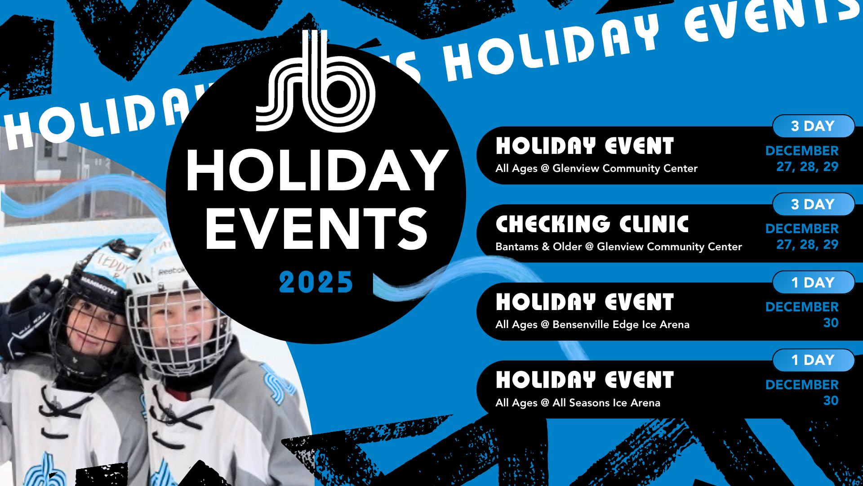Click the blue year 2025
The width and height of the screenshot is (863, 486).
[316, 283]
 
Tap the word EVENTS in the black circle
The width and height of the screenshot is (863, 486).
[316, 229]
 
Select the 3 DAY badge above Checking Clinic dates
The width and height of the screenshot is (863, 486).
[814, 204]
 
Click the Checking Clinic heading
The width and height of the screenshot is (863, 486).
[592, 224]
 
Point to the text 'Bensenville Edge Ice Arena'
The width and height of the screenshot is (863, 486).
[621, 324]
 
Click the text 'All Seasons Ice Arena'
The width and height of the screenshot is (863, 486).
[606, 403]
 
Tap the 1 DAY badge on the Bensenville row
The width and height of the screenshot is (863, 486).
[814, 283]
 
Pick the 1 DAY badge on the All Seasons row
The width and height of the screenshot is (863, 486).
[814, 360]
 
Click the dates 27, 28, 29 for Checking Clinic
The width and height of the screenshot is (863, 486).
[807, 244]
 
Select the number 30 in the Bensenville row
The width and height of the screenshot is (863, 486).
[831, 323]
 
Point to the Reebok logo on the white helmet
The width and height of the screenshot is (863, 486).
[171, 271]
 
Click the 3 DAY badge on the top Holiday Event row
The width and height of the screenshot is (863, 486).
[814, 126]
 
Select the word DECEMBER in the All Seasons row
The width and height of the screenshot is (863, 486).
[802, 385]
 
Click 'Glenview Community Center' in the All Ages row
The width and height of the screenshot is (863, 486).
[625, 168]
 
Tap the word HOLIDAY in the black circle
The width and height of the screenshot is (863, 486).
[317, 171]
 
